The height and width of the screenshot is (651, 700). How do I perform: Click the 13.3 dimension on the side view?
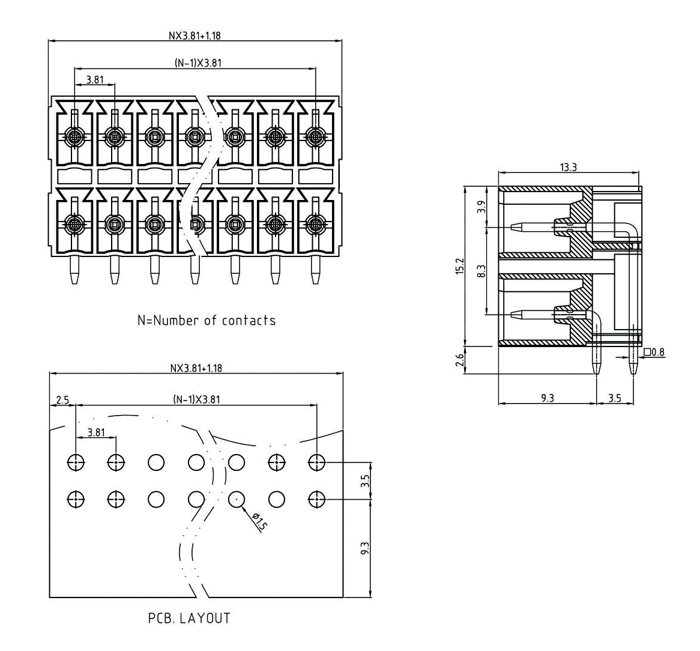point(569,167)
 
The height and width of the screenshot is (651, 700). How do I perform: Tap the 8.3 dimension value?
point(480,271)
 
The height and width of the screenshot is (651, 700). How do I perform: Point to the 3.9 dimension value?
point(480,208)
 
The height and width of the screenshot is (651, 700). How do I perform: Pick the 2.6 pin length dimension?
point(460,360)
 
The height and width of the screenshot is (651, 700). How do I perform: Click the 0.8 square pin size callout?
point(654,353)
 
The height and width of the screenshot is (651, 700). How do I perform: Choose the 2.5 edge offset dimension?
point(62,399)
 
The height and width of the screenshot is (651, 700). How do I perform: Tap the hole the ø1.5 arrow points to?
point(236,499)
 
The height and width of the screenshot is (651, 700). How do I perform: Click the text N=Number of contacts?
point(207,320)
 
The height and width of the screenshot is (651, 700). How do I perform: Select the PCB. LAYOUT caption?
point(189,618)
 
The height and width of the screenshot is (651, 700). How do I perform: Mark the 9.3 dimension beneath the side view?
point(547,398)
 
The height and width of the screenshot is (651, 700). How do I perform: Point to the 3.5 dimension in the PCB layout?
point(366,481)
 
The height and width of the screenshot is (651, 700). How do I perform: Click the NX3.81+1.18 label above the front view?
point(195,35)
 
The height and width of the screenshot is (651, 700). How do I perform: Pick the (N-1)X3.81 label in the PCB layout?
point(196,399)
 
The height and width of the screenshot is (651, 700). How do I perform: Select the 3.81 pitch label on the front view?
point(95,79)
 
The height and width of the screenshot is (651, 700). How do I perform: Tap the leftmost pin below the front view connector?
point(74,271)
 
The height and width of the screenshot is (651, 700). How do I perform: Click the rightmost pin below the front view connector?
point(315,271)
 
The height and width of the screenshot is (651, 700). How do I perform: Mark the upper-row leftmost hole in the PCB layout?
point(76,462)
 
